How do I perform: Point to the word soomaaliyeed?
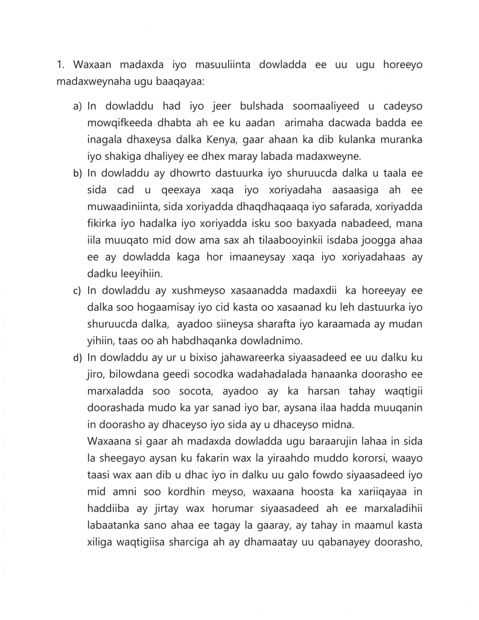(x=326, y=106)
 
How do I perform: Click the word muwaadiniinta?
(x=120, y=207)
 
